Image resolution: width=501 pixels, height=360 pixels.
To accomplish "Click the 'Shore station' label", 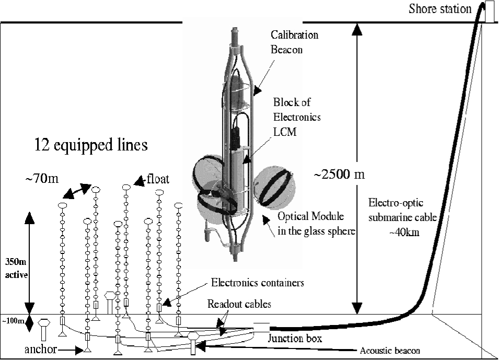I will coord(440,9).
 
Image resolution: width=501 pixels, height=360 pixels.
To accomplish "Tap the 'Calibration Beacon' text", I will coord(294,42).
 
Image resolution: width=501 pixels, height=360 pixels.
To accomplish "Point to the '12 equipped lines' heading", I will coord(91,145).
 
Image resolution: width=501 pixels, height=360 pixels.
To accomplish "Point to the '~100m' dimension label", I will coord(12,321).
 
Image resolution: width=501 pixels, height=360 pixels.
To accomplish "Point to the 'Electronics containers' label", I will coord(258,283).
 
